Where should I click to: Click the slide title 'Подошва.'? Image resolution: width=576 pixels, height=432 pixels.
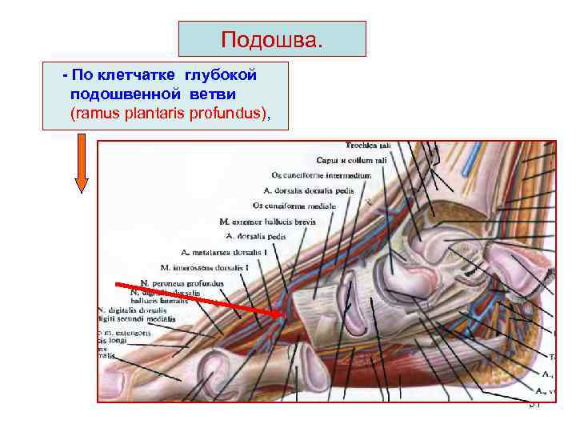272,39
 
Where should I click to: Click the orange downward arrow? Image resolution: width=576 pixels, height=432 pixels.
82,163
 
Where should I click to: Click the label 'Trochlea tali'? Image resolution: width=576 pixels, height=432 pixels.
368,146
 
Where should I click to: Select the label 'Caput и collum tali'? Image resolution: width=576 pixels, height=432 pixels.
343,161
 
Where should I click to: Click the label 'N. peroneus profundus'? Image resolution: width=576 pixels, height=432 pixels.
182,282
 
